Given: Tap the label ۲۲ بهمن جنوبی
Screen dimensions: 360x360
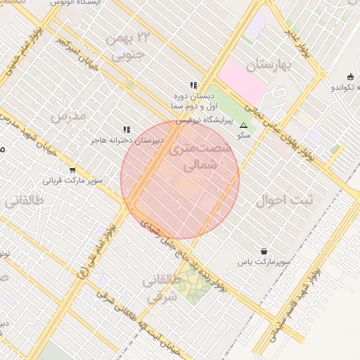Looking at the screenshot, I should pyautogui.click(x=127, y=44).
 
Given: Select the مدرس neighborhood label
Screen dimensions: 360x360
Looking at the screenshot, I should pyautogui.click(x=69, y=115).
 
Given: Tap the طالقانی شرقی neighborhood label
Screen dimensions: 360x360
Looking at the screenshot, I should pyautogui.click(x=162, y=289).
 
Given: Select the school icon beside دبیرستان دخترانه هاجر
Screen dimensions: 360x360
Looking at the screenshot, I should pyautogui.click(x=127, y=130).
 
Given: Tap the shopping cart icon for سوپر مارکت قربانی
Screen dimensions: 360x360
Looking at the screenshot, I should pyautogui.click(x=72, y=170).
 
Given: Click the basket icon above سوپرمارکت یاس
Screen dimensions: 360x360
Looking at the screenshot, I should pyautogui.click(x=264, y=251).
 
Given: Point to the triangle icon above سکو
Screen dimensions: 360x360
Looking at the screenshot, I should pyautogui.click(x=244, y=124).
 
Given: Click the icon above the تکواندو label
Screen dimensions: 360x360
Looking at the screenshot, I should pyautogui.click(x=350, y=77).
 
